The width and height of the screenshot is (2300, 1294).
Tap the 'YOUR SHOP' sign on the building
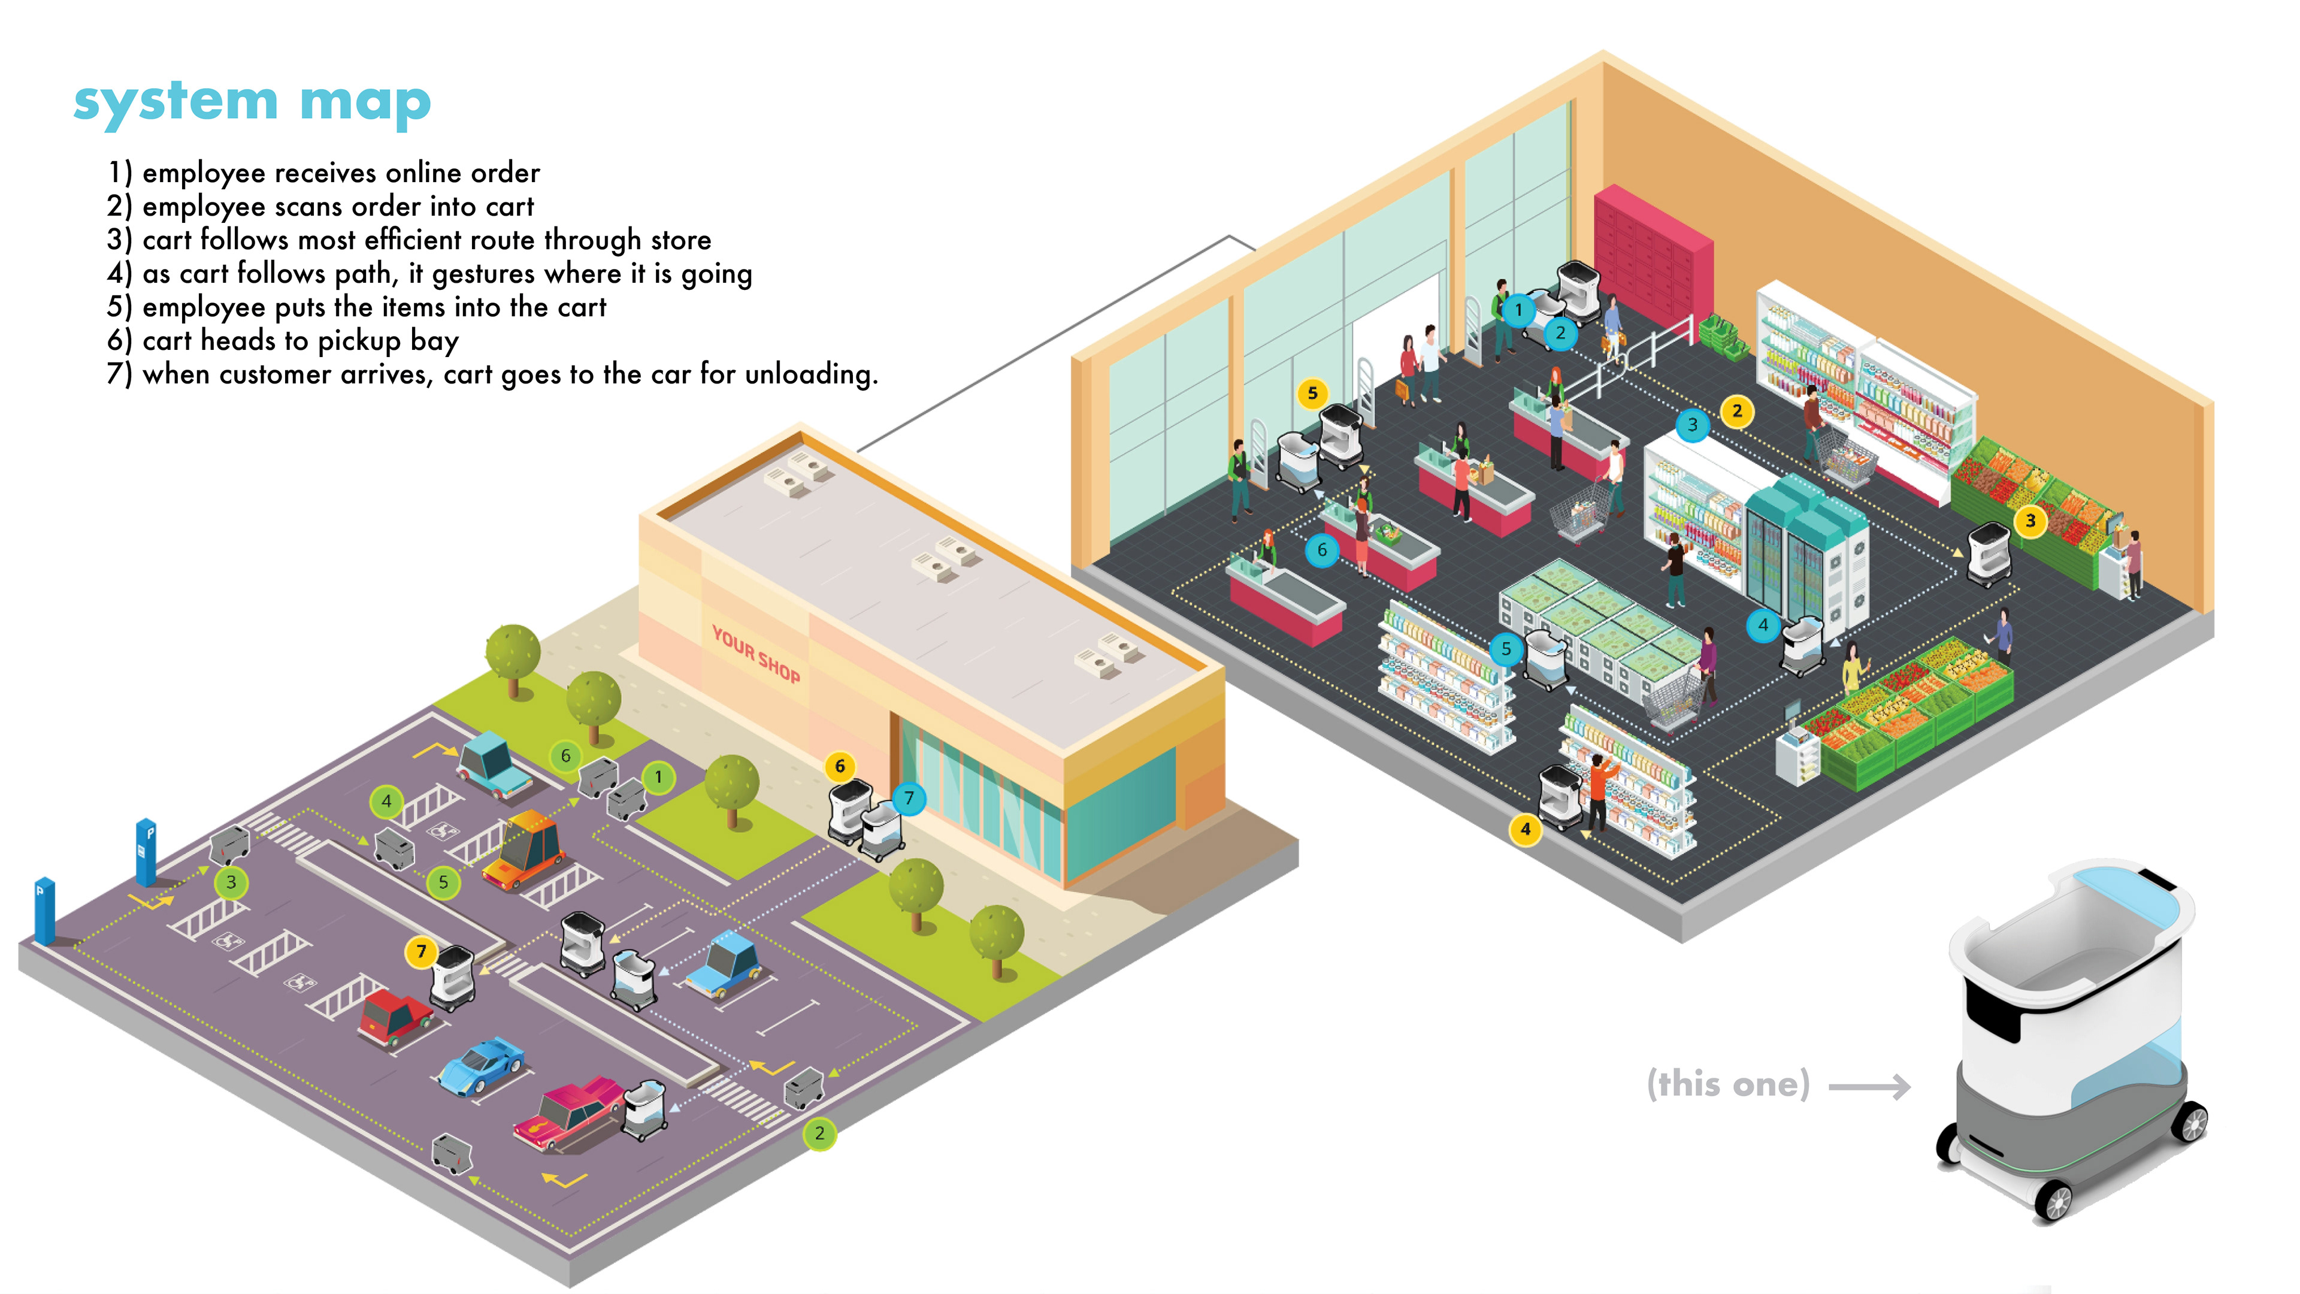click(x=755, y=654)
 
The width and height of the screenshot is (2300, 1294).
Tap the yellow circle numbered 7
click(x=422, y=951)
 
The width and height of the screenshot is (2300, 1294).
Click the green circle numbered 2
click(x=819, y=1134)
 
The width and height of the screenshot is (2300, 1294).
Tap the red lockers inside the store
click(x=1652, y=255)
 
